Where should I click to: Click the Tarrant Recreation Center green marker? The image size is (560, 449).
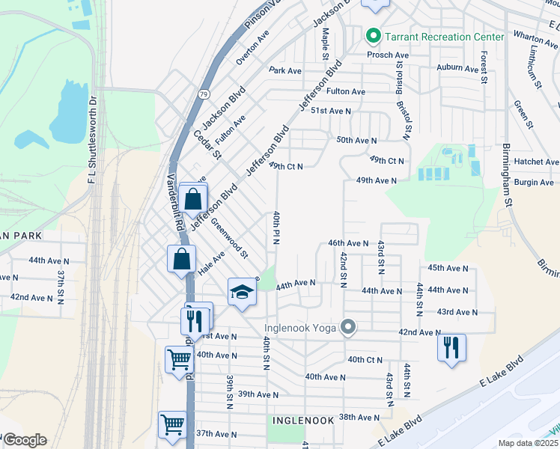372,36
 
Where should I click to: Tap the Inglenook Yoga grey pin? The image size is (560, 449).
347,327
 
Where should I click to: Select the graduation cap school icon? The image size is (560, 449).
242,292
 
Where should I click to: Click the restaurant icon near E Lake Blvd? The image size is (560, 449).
451,347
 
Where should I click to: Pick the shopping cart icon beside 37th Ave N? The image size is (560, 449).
173,425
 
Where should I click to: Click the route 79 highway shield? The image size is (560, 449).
204,94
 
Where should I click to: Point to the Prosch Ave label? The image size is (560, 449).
386,55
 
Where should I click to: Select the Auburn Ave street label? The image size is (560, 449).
457,69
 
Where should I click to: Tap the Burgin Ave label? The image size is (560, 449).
534,182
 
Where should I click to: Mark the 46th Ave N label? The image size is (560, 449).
348,243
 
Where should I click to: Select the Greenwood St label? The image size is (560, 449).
229,237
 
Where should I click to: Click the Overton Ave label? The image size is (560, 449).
252,47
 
